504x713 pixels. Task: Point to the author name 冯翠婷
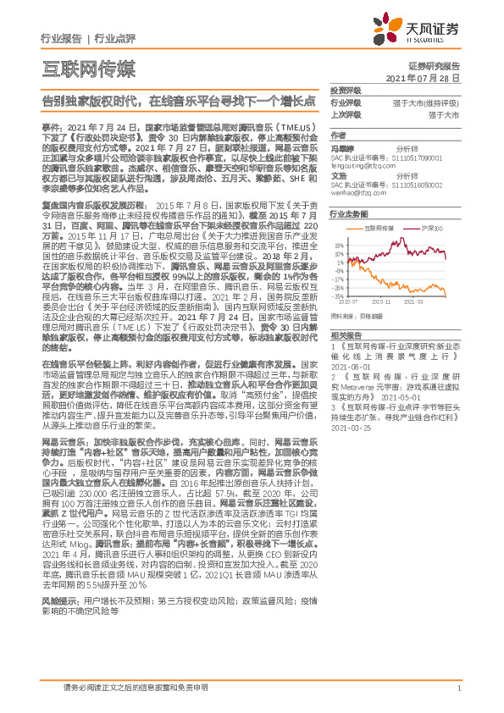(x=342, y=147)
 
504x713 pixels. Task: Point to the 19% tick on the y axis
(x=340, y=243)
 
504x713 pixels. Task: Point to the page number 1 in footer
(x=457, y=688)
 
